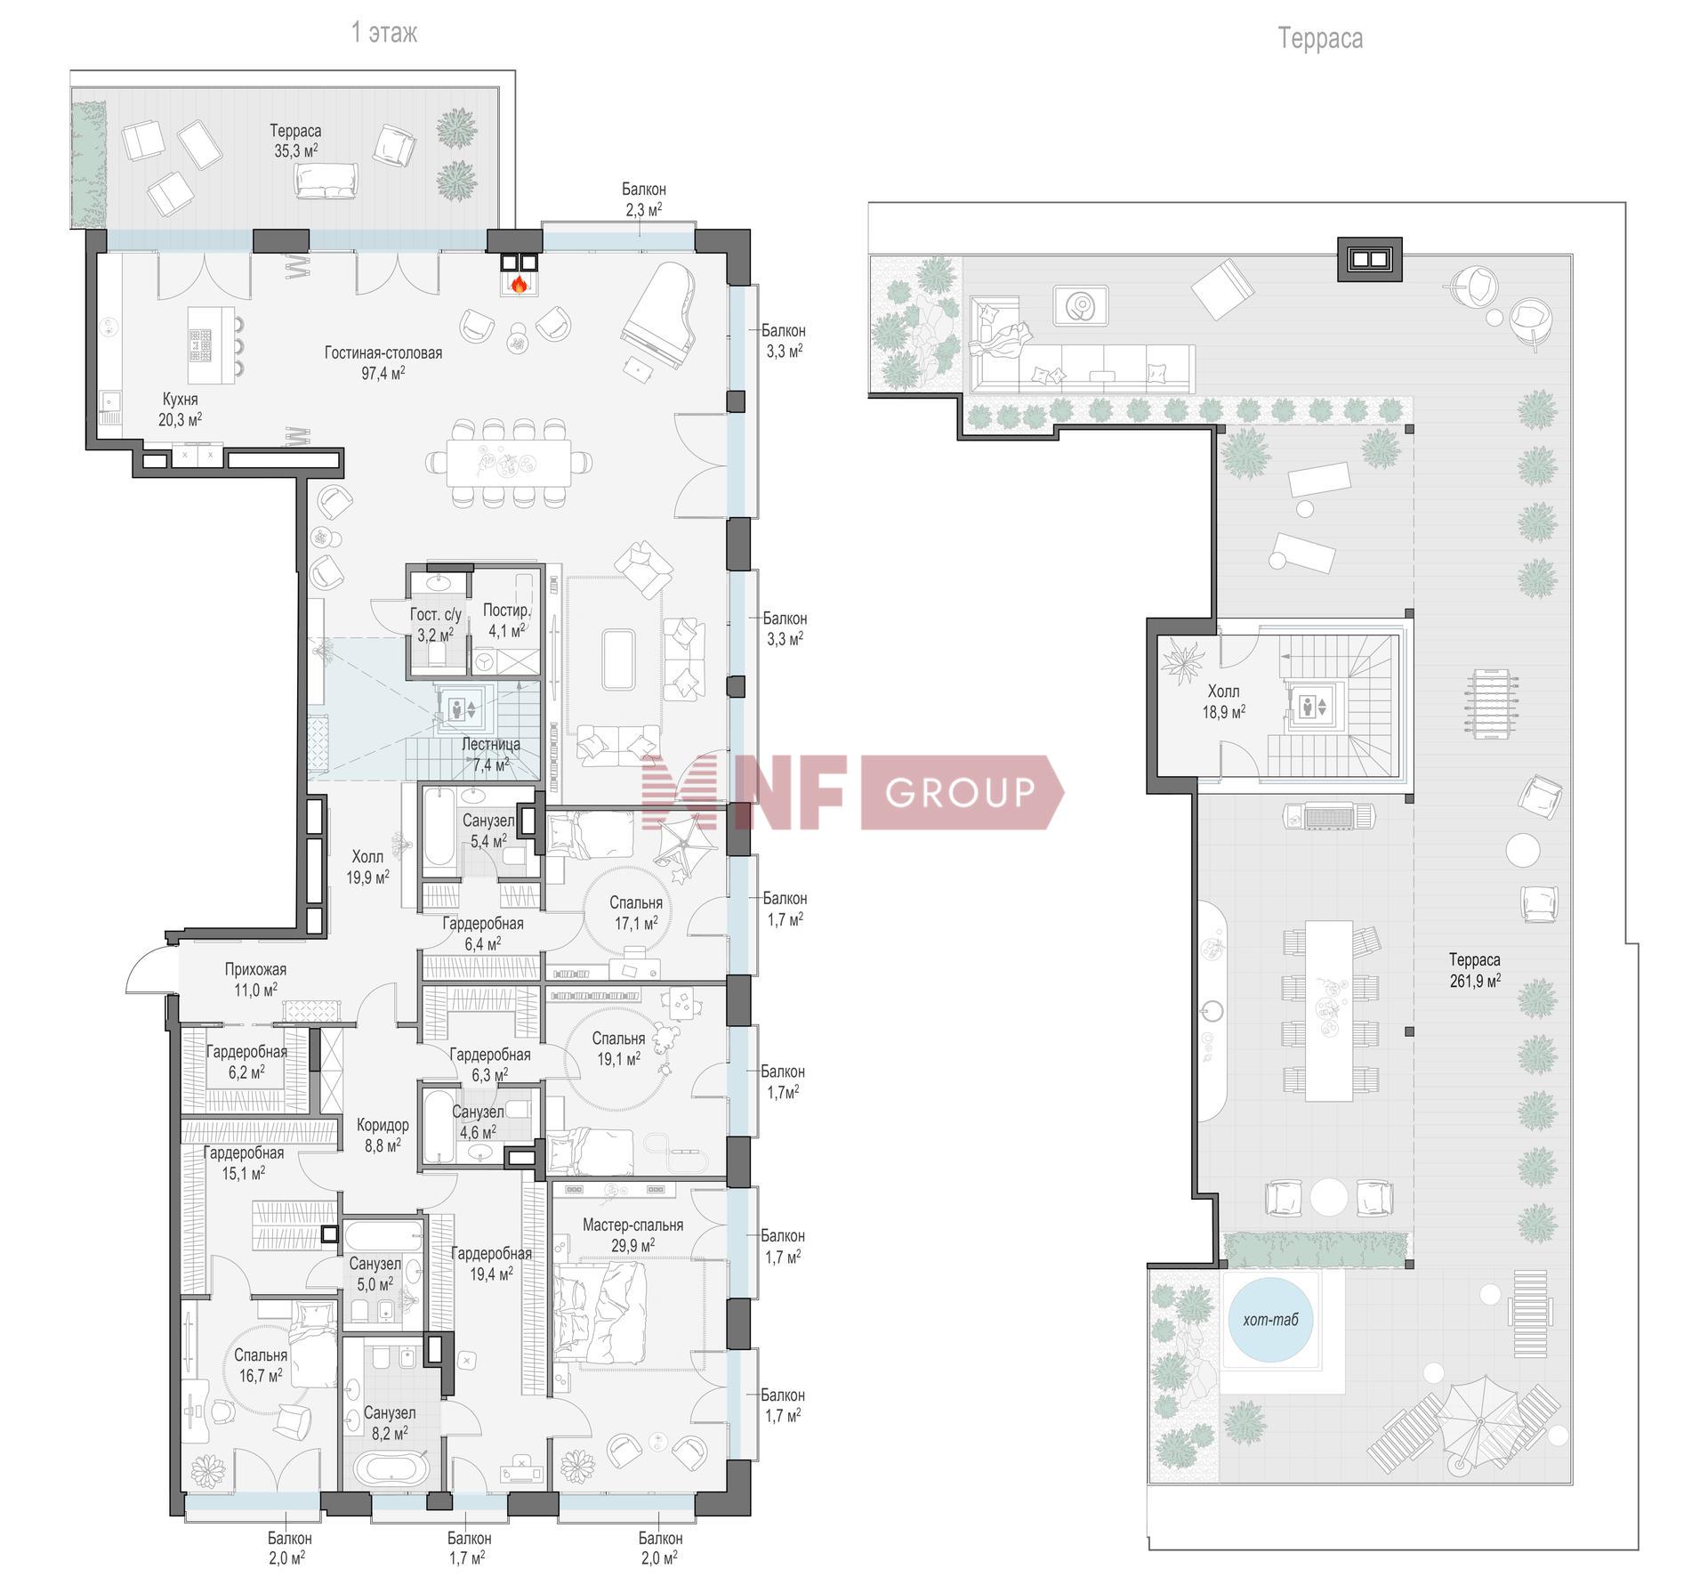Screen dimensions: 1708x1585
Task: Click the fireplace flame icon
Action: [x=519, y=285]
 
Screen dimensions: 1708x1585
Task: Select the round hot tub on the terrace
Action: [x=1269, y=1320]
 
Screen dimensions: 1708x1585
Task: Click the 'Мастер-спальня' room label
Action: [x=632, y=1225]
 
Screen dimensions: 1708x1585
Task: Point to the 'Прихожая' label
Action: [x=255, y=969]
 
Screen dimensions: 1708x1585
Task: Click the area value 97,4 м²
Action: [x=383, y=374]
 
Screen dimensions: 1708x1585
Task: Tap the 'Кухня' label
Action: [x=180, y=400]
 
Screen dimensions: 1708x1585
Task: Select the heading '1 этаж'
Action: [x=383, y=33]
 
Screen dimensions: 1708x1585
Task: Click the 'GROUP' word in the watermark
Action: [x=961, y=792]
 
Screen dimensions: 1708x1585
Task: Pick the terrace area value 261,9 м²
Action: [x=1474, y=982]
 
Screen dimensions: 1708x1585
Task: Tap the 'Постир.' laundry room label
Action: [x=507, y=611]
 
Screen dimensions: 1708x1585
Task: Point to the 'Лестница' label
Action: [x=491, y=744]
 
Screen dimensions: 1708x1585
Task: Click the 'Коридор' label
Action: [x=383, y=1125]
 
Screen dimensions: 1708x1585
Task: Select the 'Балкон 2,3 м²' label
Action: [x=643, y=199]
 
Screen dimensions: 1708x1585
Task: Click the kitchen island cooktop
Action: [x=200, y=344]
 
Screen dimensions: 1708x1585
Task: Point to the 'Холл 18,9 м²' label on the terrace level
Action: [x=1223, y=701]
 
